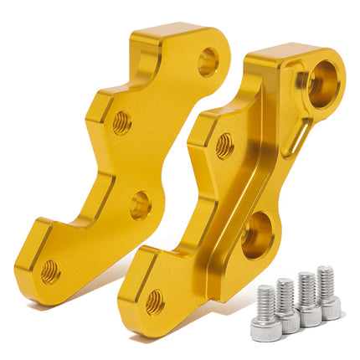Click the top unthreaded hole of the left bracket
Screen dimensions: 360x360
[207, 61]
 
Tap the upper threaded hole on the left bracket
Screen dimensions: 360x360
[122, 123]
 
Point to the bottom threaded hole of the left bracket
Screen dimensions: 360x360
[50, 270]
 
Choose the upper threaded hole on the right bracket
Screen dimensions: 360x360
[224, 146]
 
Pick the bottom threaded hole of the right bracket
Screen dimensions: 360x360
[154, 301]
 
